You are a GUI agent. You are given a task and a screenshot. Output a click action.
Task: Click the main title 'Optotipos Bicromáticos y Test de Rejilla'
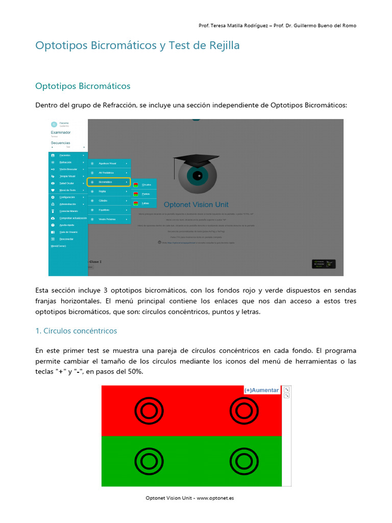click(137, 45)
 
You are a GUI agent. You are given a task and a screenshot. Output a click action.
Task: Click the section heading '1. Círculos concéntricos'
click(76, 331)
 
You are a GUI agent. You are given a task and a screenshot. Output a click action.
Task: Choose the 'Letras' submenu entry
click(145, 203)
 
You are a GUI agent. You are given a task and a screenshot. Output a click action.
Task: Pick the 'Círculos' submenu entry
click(146, 185)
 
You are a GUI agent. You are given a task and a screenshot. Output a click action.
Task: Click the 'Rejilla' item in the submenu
click(103, 191)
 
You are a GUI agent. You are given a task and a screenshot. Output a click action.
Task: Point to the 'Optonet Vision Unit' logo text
click(196, 205)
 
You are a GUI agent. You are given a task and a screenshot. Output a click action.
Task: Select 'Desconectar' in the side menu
click(67, 239)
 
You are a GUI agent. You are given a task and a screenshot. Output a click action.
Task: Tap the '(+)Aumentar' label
click(261, 390)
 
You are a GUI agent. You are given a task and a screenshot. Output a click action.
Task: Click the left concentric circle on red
click(149, 410)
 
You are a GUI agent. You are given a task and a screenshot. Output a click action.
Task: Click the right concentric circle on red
click(243, 410)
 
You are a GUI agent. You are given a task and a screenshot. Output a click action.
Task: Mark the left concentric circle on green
click(149, 461)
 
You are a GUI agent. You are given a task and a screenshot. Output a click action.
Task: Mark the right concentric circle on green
click(243, 461)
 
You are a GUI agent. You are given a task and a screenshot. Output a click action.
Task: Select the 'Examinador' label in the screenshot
click(61, 132)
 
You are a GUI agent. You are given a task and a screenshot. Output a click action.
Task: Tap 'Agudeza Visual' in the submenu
click(107, 163)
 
